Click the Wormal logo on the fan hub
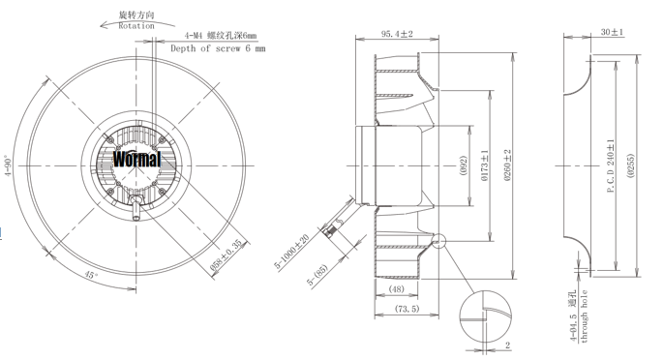click(136, 160)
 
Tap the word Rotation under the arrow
click(136, 26)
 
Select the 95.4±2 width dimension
click(397, 34)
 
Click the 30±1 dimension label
click(612, 32)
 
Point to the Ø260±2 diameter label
click(508, 165)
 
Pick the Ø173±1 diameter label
click(484, 165)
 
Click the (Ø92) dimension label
click(463, 165)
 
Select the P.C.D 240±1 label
click(611, 165)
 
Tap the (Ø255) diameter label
click(631, 165)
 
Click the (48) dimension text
click(397, 289)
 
